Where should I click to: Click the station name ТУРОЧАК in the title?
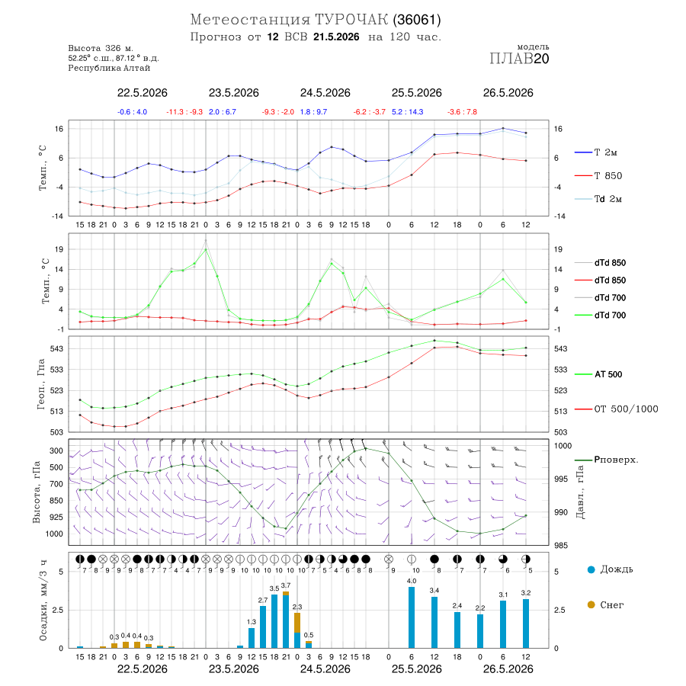click(351, 20)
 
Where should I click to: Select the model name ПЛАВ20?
click(519, 59)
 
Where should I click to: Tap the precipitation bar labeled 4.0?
click(412, 617)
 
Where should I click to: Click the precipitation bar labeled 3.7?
click(286, 620)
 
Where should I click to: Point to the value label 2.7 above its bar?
click(263, 601)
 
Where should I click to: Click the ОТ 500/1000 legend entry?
click(617, 409)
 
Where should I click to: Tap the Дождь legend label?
click(617, 569)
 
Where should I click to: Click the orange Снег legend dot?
click(591, 604)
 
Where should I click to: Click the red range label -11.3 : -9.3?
click(184, 112)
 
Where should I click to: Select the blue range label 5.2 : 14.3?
click(408, 112)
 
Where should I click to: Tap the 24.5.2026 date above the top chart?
click(325, 93)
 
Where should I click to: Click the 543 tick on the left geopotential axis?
click(58, 348)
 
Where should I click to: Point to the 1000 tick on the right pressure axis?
click(563, 446)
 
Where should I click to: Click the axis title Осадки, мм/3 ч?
click(43, 601)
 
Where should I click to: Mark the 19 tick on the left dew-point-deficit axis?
click(59, 249)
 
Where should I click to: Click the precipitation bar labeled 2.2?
click(480, 631)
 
